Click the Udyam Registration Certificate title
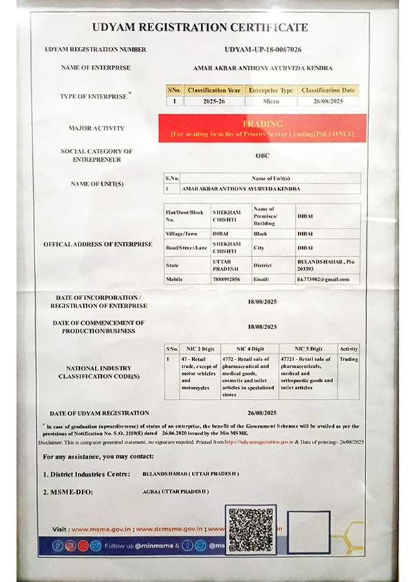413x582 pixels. point(200,28)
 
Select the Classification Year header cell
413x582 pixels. point(214,90)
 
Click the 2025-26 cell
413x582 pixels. point(214,101)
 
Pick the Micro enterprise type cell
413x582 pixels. point(271,101)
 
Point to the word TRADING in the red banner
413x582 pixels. point(262,124)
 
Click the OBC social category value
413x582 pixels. point(262,156)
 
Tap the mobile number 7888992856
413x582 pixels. point(226,279)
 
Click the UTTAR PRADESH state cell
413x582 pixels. point(226,265)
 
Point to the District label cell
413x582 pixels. point(263,264)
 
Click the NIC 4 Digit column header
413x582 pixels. point(249,349)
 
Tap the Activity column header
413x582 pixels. point(348,349)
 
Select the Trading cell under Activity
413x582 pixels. point(348,359)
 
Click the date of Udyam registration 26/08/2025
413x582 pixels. point(262,413)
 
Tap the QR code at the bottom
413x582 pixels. point(251,529)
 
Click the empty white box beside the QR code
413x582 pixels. point(309,532)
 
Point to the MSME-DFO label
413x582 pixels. point(67,492)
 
